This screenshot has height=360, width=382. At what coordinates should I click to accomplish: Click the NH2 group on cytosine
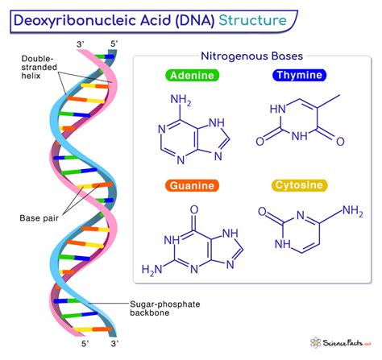pos(351,212)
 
